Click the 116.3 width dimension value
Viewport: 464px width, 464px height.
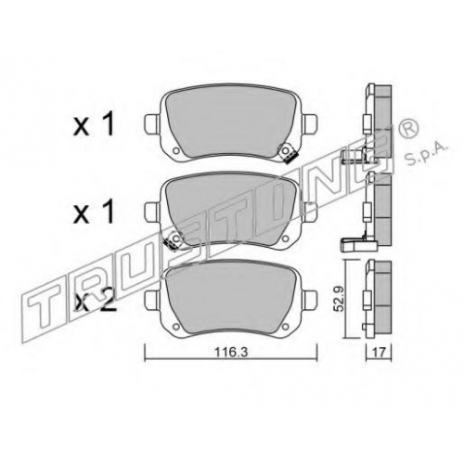click(231, 352)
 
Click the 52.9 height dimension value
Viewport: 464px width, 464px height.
click(340, 300)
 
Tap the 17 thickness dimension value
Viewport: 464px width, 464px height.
click(379, 353)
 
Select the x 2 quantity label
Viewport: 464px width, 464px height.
click(96, 301)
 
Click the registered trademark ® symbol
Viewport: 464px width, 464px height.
click(411, 128)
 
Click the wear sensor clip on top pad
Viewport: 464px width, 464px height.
click(288, 154)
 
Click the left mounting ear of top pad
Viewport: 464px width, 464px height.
click(152, 124)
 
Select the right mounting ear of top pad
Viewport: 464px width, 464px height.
click(310, 124)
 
